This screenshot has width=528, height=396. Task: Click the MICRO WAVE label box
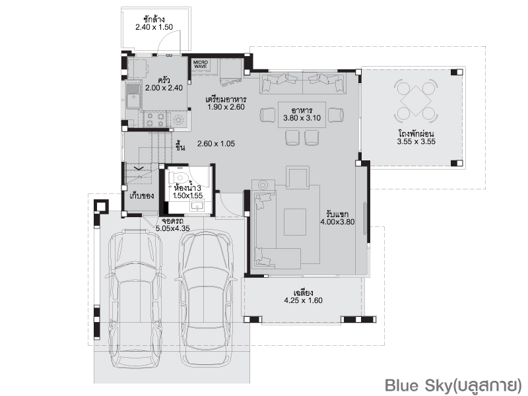pyautogui.click(x=201, y=65)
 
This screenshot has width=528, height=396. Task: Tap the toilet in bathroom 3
pyautogui.click(x=178, y=177)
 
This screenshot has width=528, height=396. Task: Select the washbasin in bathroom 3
pyautogui.click(x=197, y=205)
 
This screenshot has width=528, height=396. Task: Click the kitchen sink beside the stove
pyautogui.click(x=133, y=96)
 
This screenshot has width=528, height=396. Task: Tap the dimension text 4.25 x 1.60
pyautogui.click(x=303, y=300)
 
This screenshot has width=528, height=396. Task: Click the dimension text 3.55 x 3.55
pyautogui.click(x=416, y=142)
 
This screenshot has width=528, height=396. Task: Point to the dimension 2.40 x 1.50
pyautogui.click(x=154, y=27)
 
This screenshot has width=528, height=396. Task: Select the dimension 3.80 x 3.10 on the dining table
pyautogui.click(x=302, y=118)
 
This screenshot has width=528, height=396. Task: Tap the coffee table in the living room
pyautogui.click(x=295, y=222)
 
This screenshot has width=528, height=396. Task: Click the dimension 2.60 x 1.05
pyautogui.click(x=216, y=144)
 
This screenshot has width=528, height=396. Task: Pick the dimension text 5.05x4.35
pyautogui.click(x=172, y=228)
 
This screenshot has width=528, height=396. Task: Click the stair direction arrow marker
pyautogui.click(x=139, y=168)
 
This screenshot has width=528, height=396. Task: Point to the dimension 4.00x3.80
pyautogui.click(x=337, y=222)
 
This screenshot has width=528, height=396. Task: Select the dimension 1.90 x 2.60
pyautogui.click(x=226, y=107)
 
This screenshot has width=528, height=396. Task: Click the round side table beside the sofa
pyautogui.click(x=263, y=185)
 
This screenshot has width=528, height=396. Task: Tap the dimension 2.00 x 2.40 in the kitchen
pyautogui.click(x=164, y=88)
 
